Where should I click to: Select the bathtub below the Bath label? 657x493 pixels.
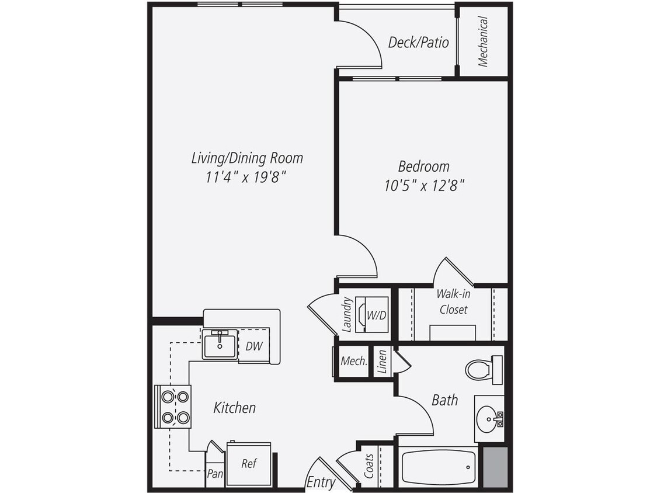point(438,467)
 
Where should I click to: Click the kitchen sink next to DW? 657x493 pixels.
point(220,344)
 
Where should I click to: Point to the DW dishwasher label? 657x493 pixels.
point(253,346)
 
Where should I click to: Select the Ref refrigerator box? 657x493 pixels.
point(249,464)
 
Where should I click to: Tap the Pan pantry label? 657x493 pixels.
point(215,474)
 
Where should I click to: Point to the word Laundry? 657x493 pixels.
point(347,315)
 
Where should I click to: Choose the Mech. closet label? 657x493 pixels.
point(353,361)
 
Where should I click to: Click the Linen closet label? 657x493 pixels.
point(383,362)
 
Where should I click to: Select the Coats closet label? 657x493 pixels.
point(369,466)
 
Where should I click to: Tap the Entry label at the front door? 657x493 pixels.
point(321,482)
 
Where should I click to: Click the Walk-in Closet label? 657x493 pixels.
point(453,301)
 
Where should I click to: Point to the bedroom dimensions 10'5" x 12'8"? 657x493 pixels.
point(424,186)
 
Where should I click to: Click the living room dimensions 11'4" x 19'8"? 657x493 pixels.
point(246,176)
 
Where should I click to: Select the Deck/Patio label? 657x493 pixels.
point(419,42)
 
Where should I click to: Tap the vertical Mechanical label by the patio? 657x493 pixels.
point(483,41)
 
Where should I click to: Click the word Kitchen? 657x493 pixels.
point(234,407)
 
